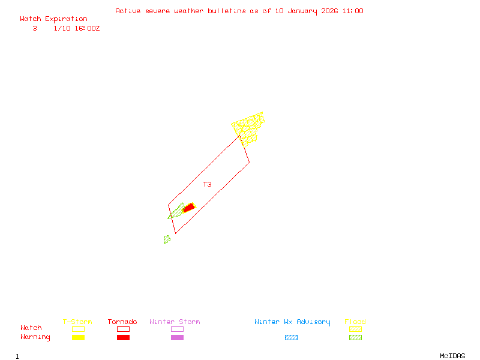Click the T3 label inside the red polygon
pos(207,184)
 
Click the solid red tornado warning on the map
pos(189,208)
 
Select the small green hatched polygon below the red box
pos(167,239)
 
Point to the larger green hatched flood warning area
pos(176,211)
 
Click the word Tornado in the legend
pos(122,322)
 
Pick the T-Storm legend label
pos(77,322)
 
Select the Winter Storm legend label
pos(175,322)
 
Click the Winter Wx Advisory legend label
pos(292,322)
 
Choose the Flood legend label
pos(355,322)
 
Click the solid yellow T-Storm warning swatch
pos(78,338)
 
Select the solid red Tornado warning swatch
pos(123,338)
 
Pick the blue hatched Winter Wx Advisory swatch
pos(291,338)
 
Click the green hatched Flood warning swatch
pos(355,338)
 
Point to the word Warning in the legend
pos(35,337)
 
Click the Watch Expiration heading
pos(53,19)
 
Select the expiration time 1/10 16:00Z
pos(77,28)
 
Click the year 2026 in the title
pos(329,11)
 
